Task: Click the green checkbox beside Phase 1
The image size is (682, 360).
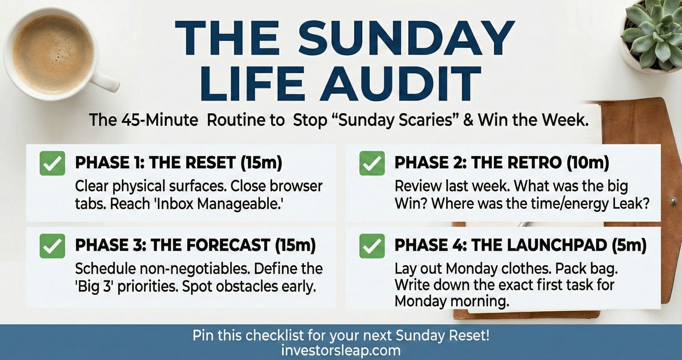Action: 52,163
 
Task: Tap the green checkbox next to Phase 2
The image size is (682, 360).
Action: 372,163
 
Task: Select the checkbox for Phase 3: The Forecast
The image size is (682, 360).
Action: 52,246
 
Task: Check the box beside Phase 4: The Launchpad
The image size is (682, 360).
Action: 372,246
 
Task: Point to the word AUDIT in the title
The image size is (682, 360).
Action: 400,84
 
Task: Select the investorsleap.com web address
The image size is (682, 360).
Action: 341,351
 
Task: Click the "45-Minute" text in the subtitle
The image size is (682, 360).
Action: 159,120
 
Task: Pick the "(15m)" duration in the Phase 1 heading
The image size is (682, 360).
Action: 261,162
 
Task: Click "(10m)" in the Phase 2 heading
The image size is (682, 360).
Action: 588,162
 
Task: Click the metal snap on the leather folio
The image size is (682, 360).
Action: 673,201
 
